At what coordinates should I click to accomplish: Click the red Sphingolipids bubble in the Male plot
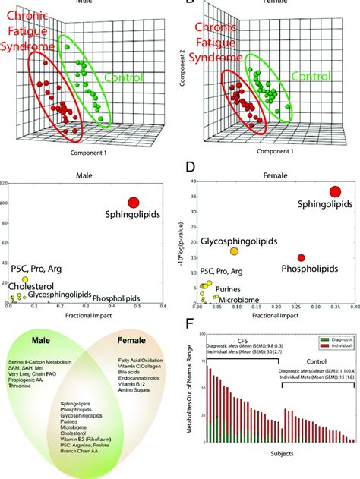coord(133,203)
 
